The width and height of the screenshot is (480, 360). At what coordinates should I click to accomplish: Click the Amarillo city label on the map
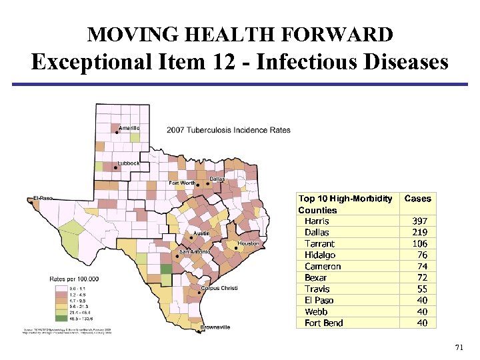click(129, 128)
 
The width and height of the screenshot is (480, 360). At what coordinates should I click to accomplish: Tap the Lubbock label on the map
click(129, 163)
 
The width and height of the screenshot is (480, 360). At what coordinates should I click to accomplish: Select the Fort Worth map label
click(182, 183)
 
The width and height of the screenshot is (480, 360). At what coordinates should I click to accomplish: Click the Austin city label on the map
click(201, 234)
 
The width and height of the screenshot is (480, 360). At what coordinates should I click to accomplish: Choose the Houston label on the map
click(248, 244)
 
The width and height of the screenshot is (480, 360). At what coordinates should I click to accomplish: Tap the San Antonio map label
click(194, 252)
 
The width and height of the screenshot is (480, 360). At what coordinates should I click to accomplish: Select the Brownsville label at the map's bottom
click(215, 327)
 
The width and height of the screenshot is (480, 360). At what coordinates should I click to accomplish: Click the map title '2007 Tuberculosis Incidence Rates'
click(229, 130)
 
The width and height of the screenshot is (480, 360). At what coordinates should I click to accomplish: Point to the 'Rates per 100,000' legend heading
click(74, 278)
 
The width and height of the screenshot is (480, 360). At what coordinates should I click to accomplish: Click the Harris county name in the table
click(317, 221)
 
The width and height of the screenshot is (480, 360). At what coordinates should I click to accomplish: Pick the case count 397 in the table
click(419, 221)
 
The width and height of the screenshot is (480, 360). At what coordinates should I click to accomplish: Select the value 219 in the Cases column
click(419, 233)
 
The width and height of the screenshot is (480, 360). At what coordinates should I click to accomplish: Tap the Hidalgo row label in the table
click(320, 255)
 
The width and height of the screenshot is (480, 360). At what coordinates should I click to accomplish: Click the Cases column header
click(418, 199)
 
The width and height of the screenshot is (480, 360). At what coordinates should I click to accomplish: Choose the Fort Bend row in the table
click(324, 323)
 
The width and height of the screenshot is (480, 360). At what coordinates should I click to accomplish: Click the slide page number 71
click(458, 348)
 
